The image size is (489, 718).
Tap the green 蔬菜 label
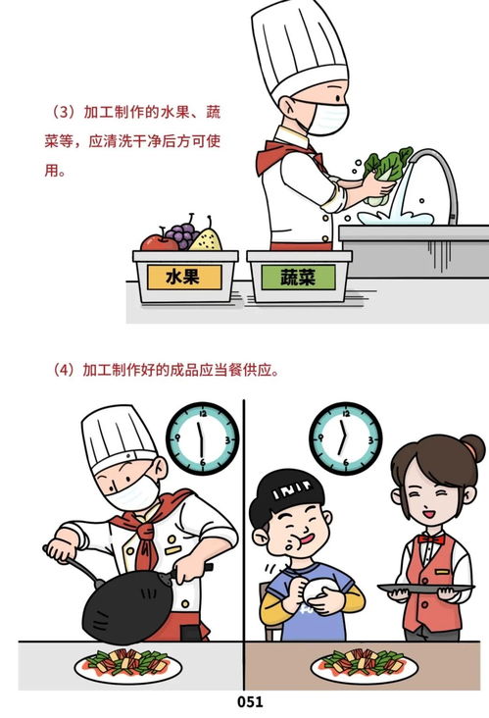coord(297,278)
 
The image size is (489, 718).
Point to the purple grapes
coord(180,234)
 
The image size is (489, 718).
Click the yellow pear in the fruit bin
coord(206,237)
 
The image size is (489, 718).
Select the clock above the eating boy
coord(345,437)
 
